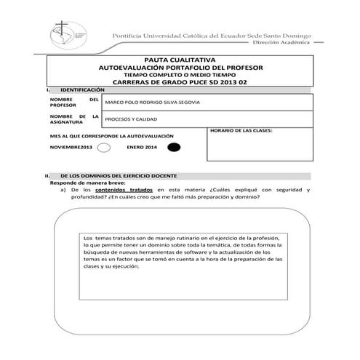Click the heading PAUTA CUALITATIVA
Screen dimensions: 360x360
(180, 61)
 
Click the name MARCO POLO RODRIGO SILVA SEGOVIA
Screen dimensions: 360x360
(151, 102)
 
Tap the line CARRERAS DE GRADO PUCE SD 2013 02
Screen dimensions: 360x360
(180, 81)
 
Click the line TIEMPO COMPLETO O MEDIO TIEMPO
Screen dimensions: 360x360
(180, 75)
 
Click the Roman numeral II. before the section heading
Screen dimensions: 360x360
(48, 176)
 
